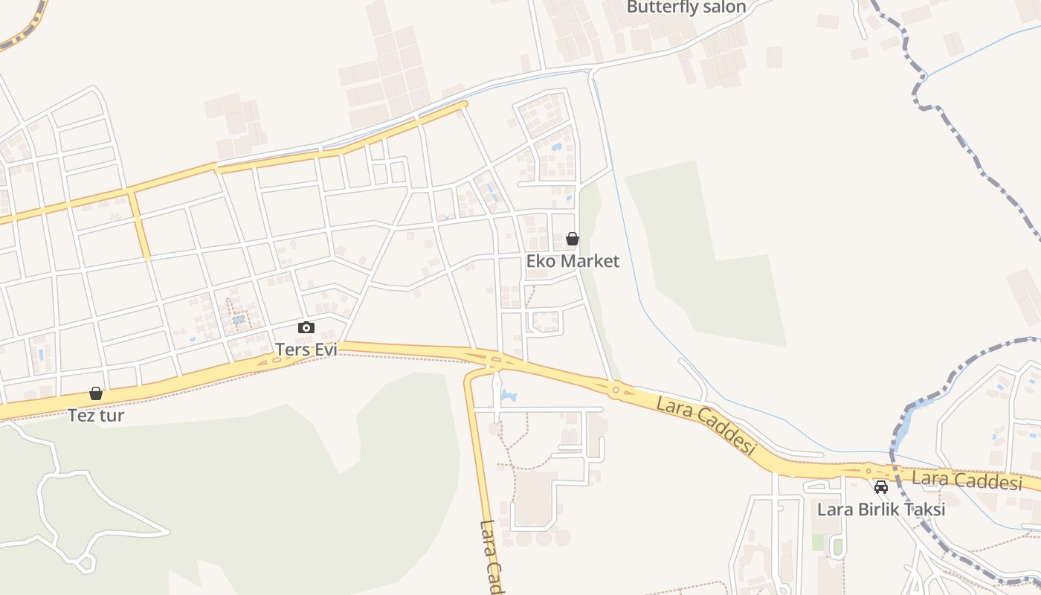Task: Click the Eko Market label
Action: point(573,261)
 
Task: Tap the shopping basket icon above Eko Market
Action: point(573,239)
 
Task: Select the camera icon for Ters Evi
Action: point(306,327)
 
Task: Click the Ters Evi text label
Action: point(306,350)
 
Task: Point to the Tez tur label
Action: point(96,415)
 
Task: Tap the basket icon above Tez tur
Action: point(96,393)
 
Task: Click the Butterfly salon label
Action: point(686,7)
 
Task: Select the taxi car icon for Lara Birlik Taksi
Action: point(881,487)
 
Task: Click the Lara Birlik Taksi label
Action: point(881,509)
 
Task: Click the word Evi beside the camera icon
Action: point(325,350)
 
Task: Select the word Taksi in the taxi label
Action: point(923,509)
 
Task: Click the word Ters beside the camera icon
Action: point(292,350)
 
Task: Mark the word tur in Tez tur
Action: point(112,415)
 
